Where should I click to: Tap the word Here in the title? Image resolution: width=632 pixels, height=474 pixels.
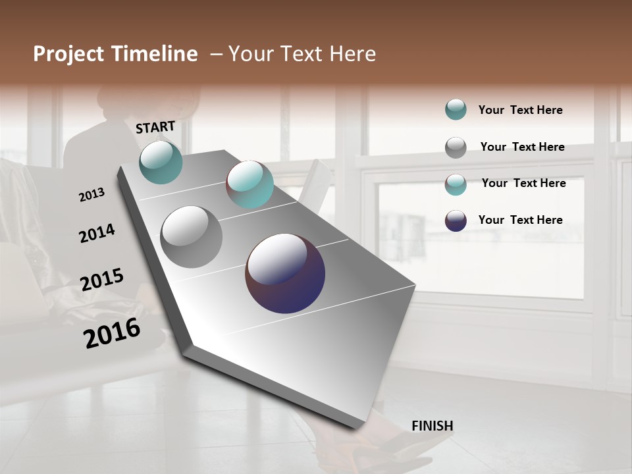(x=352, y=54)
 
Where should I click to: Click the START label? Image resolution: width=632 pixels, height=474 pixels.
(x=155, y=127)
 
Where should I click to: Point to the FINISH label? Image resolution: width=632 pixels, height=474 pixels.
(x=432, y=426)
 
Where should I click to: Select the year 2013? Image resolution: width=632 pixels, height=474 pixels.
(x=92, y=195)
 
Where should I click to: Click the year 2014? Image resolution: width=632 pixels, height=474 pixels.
(x=97, y=233)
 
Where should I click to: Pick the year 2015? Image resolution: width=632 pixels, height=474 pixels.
(x=101, y=280)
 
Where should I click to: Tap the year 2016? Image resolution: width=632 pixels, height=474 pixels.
(x=111, y=333)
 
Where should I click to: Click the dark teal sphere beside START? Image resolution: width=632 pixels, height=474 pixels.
(x=161, y=162)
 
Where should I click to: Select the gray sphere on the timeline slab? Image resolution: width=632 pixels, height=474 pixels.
(x=191, y=237)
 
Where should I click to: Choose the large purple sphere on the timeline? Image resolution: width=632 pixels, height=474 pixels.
(x=285, y=273)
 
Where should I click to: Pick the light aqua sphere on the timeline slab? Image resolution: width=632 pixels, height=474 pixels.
(x=250, y=184)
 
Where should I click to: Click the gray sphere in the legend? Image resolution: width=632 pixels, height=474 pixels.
(x=456, y=147)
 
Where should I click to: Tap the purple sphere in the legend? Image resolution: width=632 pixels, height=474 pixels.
(x=456, y=221)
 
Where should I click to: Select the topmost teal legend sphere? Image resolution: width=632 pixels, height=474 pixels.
(x=456, y=109)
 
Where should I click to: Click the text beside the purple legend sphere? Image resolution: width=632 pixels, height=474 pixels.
(x=520, y=220)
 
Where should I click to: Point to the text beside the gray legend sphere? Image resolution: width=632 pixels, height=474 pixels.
(x=522, y=147)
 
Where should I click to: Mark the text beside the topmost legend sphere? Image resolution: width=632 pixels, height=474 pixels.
(x=520, y=110)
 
